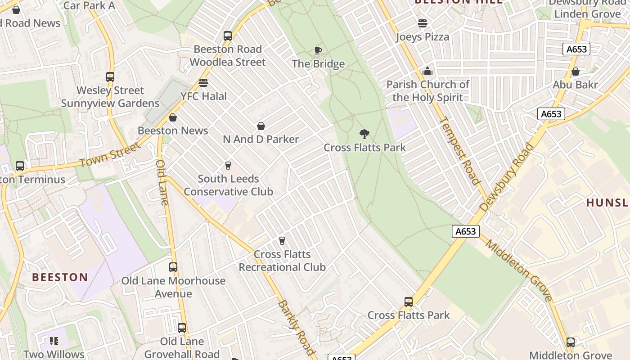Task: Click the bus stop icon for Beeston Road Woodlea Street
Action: (228, 36)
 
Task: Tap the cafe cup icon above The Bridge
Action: (318, 50)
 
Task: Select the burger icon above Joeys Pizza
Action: (422, 23)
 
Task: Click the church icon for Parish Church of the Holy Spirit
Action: (427, 71)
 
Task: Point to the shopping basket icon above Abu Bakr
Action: (575, 72)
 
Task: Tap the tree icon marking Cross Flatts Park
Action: (364, 134)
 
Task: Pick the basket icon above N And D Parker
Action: (261, 126)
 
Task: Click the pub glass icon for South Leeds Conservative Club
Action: (228, 166)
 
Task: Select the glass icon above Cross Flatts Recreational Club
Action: (282, 241)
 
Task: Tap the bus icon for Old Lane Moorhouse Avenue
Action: (173, 267)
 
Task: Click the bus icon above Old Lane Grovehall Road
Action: (182, 328)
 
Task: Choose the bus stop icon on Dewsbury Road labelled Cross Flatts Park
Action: (409, 302)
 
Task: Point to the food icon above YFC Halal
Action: (203, 83)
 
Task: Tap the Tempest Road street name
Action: (459, 150)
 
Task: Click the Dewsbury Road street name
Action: (507, 177)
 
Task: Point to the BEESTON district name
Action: (60, 277)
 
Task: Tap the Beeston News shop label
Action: (173, 130)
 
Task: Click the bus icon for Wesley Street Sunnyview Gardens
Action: (110, 77)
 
